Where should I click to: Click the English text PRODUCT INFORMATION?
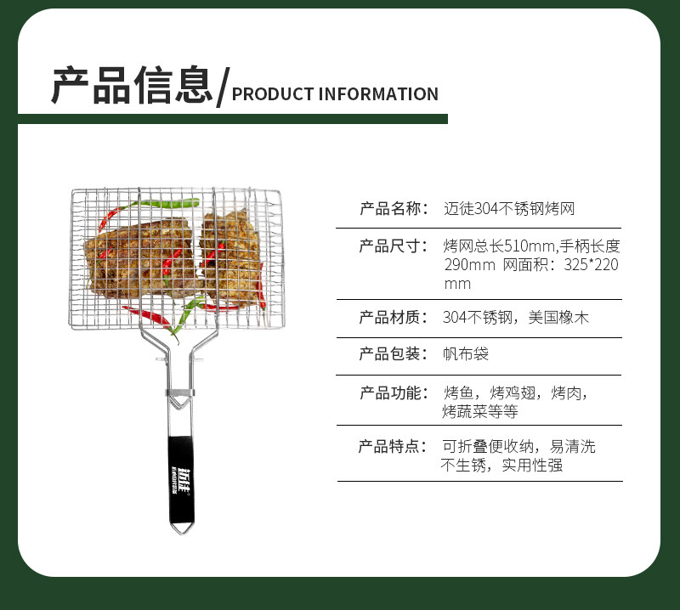(x=335, y=94)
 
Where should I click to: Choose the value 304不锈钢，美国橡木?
(x=516, y=318)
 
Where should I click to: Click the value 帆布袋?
(x=466, y=354)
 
